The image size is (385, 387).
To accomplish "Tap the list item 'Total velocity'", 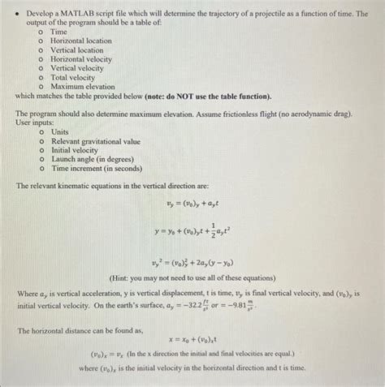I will click(72, 77).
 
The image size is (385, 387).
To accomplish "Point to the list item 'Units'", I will click(60, 131).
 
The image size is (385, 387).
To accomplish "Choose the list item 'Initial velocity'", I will click(74, 150).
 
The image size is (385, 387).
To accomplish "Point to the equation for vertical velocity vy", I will click(194, 207).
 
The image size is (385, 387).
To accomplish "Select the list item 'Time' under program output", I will click(59, 32).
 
